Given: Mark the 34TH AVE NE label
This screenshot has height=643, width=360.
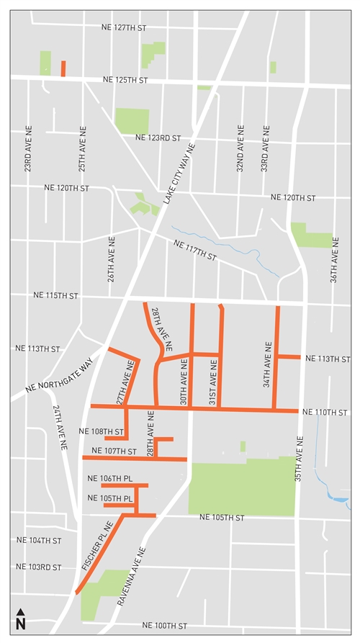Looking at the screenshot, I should [267, 366].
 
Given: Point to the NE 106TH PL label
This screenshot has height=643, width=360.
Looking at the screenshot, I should [110, 479].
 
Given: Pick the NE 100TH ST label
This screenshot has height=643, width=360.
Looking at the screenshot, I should [165, 626].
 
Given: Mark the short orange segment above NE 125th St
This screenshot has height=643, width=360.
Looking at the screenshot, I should [63, 68].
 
